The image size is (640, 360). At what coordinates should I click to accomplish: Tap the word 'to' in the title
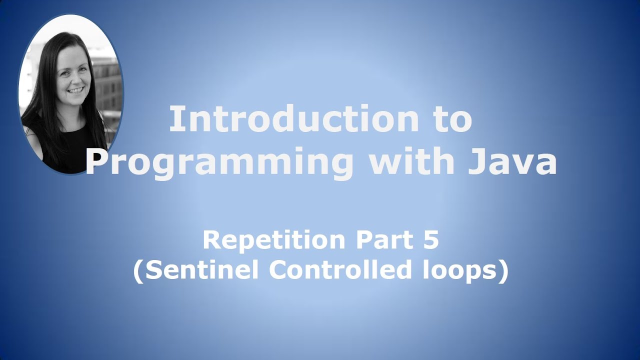pos(449,120)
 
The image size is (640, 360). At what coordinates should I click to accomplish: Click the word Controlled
pos(340,270)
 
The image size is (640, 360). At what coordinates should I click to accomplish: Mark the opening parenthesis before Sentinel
pos(138,271)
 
